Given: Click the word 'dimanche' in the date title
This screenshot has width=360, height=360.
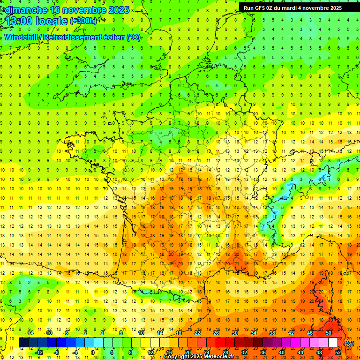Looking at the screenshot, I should point(26,10).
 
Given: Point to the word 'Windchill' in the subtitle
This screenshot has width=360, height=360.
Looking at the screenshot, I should point(22,37).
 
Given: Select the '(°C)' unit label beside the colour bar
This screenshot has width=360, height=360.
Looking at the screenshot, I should point(349,343).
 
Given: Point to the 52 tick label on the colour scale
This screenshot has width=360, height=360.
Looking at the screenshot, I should point(338,352).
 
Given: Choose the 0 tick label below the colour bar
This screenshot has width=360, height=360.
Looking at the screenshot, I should point(93,352).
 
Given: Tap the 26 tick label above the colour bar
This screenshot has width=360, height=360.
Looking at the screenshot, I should point(216,333).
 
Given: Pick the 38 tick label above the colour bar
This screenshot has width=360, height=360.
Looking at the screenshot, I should point(272,333).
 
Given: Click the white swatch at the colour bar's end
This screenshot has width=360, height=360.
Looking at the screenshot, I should point(333,343).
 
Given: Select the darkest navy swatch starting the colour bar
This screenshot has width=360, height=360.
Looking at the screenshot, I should point(23,343).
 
